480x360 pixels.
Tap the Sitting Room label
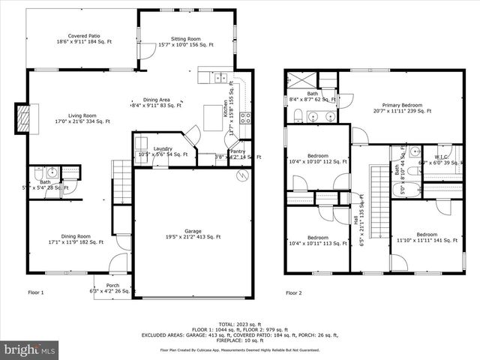pyautogui.click(x=186, y=41)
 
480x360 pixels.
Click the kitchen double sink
pyautogui.click(x=219, y=77)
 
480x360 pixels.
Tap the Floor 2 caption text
pyautogui.click(x=295, y=292)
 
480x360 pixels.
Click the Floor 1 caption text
pyautogui.click(x=36, y=292)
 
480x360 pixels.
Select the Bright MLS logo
pyautogui.click(x=30, y=349)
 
